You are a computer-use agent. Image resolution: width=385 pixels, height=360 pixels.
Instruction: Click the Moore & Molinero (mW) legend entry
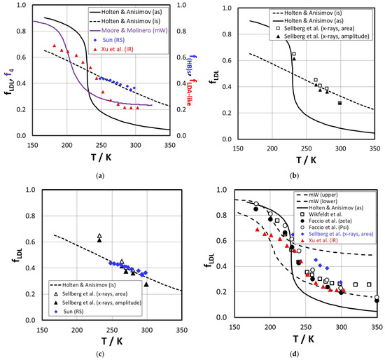129,31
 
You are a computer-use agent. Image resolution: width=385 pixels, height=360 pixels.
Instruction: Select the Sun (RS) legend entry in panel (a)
109,40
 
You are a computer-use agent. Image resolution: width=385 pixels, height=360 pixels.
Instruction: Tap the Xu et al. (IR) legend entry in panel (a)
114,49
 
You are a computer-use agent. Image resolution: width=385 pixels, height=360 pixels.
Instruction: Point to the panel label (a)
100,176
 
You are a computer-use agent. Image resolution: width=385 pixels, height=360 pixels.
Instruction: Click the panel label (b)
294,176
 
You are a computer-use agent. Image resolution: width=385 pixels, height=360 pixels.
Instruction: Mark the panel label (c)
100,354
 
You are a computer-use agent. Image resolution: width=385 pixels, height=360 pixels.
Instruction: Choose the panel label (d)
294,354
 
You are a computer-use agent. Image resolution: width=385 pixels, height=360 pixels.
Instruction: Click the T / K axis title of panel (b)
306,160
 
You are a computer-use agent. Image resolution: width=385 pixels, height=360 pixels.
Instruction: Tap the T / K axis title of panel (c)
112,341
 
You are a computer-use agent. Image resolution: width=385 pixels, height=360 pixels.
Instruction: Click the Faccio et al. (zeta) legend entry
324,221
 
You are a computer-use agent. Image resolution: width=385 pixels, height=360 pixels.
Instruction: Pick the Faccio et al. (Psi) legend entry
323,228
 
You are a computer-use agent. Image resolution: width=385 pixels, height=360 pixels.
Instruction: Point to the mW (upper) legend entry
316,195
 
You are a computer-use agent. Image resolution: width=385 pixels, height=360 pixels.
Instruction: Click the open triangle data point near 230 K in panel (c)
99,236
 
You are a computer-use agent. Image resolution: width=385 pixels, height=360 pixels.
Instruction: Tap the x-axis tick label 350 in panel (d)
377,327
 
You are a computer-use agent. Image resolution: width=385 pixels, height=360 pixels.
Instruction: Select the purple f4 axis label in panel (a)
11,73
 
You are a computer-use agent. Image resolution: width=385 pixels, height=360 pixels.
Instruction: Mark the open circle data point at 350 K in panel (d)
377,298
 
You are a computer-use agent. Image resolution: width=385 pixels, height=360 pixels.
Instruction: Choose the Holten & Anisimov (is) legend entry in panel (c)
83,285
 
